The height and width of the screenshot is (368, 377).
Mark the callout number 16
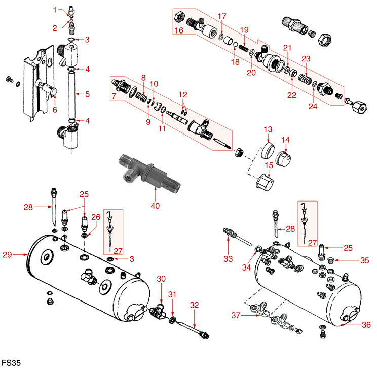pos(179,31)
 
